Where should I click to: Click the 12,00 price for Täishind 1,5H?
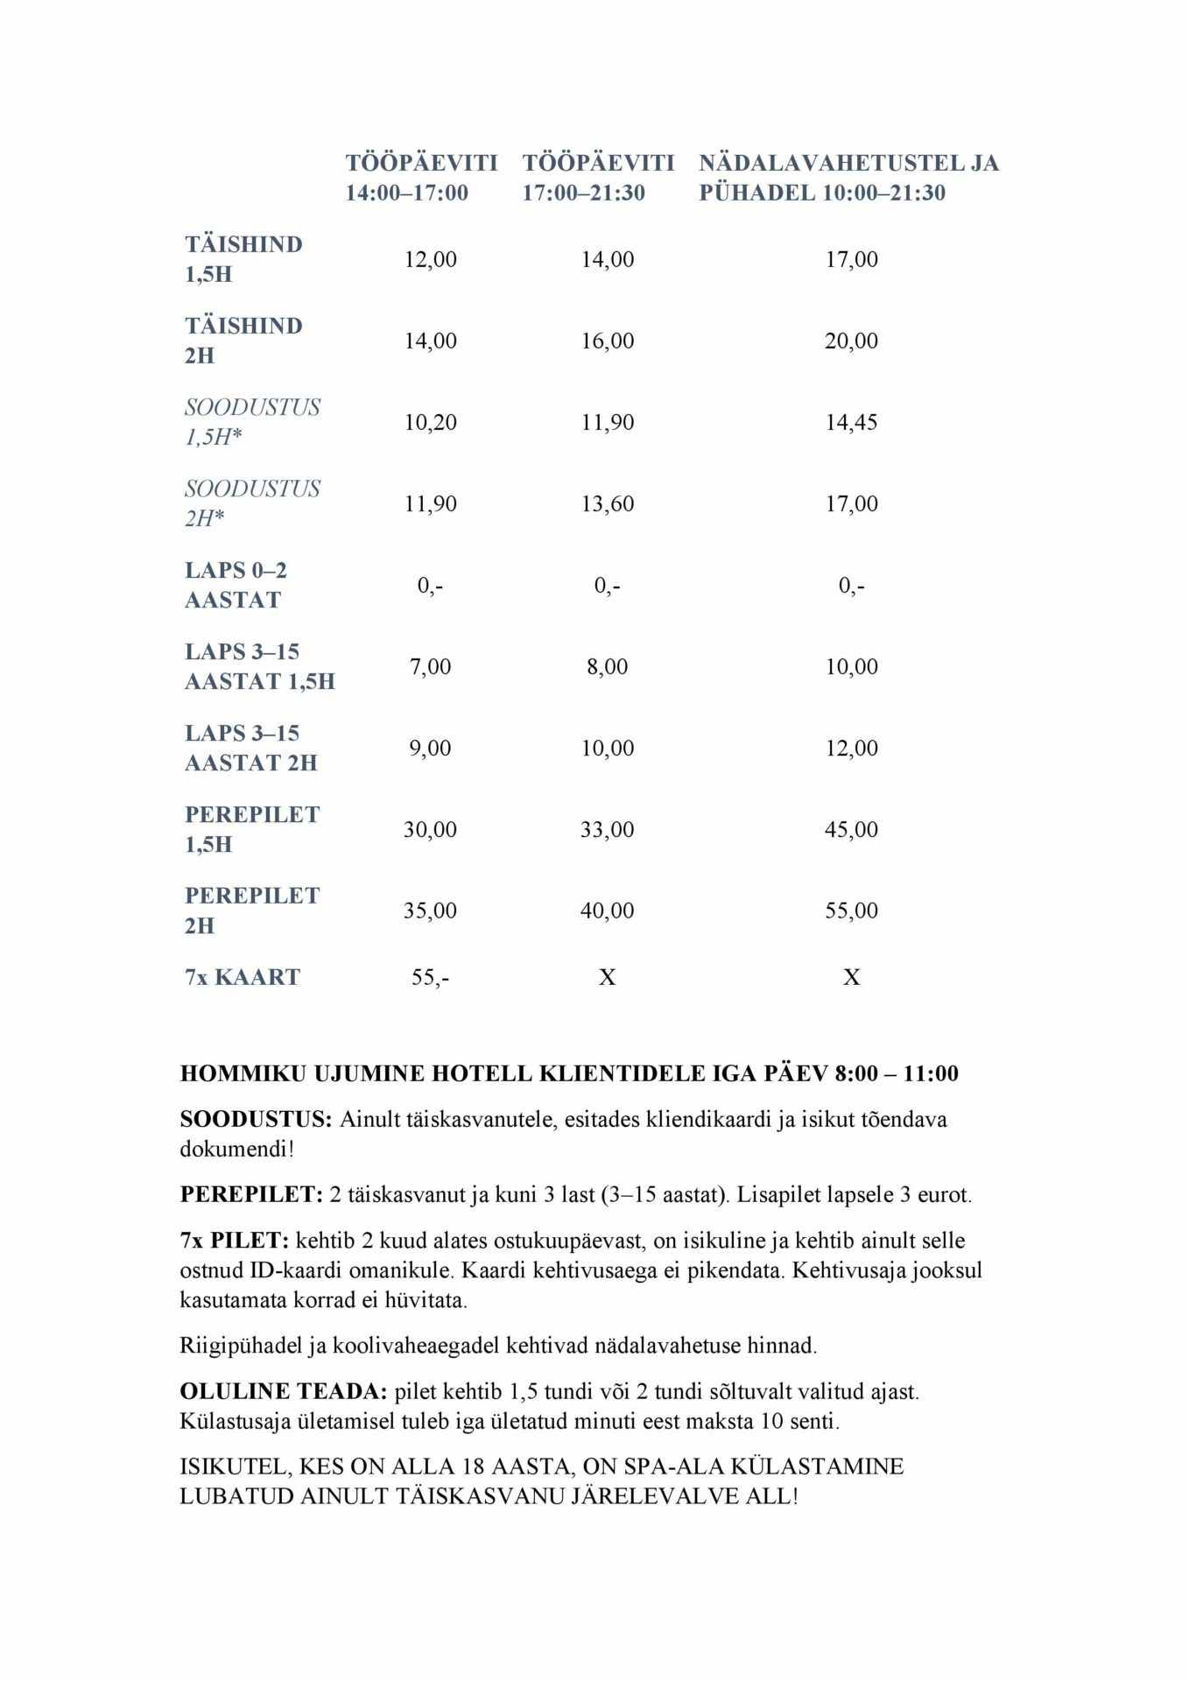point(430,259)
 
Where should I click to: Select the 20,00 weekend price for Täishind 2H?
point(851,341)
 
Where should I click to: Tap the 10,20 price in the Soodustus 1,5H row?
point(430,422)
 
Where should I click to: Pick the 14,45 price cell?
point(851,422)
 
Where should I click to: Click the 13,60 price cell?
point(607,503)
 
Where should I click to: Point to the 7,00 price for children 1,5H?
point(430,666)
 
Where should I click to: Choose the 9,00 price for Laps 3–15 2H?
point(430,748)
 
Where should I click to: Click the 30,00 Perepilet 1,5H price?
point(430,829)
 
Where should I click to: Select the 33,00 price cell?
point(607,829)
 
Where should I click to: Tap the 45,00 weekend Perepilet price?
point(851,829)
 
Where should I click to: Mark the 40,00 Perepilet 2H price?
point(607,911)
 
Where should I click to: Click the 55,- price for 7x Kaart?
point(430,977)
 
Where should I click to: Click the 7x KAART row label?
point(243,977)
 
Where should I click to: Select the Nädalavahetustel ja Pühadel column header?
point(848,178)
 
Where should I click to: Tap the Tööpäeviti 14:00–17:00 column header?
point(421,178)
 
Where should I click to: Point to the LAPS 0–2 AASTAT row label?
point(236,585)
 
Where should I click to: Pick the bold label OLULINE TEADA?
point(283,1391)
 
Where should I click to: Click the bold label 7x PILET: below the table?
point(234,1241)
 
